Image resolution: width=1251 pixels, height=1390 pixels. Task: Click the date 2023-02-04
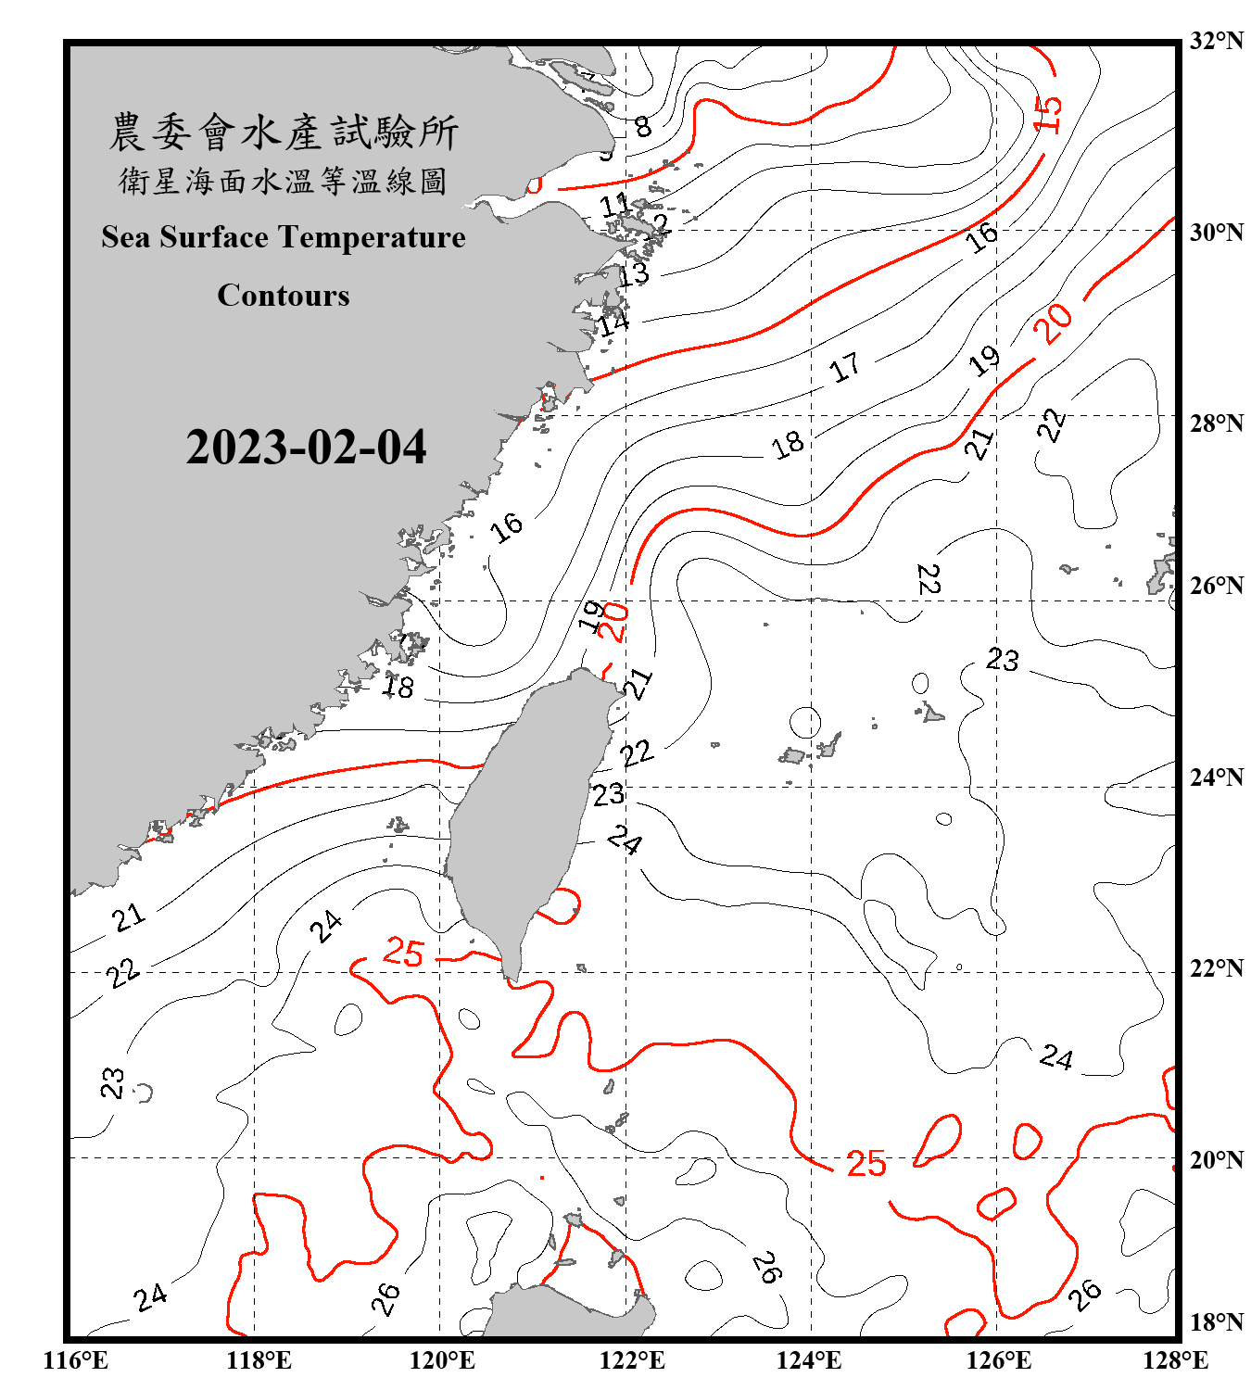point(306,447)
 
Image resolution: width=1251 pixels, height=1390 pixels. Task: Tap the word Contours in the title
point(284,295)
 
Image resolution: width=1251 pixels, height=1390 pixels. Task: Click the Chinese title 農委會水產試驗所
point(284,132)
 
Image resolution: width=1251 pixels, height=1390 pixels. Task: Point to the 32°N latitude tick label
point(1216,41)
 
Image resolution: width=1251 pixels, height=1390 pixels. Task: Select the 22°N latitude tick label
point(1216,968)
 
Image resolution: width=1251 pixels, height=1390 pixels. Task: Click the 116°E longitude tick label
point(76,1360)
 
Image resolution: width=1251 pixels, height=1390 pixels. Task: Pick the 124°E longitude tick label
point(809,1360)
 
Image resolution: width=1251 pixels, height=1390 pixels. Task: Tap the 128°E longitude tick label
point(1175,1360)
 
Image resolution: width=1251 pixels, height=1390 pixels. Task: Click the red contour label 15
point(1048,114)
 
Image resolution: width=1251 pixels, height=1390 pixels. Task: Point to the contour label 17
point(844,368)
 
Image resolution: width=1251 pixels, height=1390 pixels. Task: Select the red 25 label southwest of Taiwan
point(403,953)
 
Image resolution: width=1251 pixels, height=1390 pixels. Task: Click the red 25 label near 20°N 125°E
point(866,1164)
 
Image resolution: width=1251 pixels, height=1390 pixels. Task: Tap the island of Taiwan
point(528,815)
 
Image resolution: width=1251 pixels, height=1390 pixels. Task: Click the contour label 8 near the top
point(642,126)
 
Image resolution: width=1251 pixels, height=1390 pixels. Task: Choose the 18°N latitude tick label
point(1216,1322)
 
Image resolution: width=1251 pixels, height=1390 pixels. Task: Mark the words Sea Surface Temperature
point(284,237)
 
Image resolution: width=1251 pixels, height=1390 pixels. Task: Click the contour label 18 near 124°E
point(788,445)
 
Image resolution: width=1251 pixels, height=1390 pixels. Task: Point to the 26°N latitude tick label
point(1216,586)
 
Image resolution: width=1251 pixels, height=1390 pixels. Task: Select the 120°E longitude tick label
point(442,1360)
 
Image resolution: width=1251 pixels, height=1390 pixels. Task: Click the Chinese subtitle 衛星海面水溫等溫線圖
point(284,181)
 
